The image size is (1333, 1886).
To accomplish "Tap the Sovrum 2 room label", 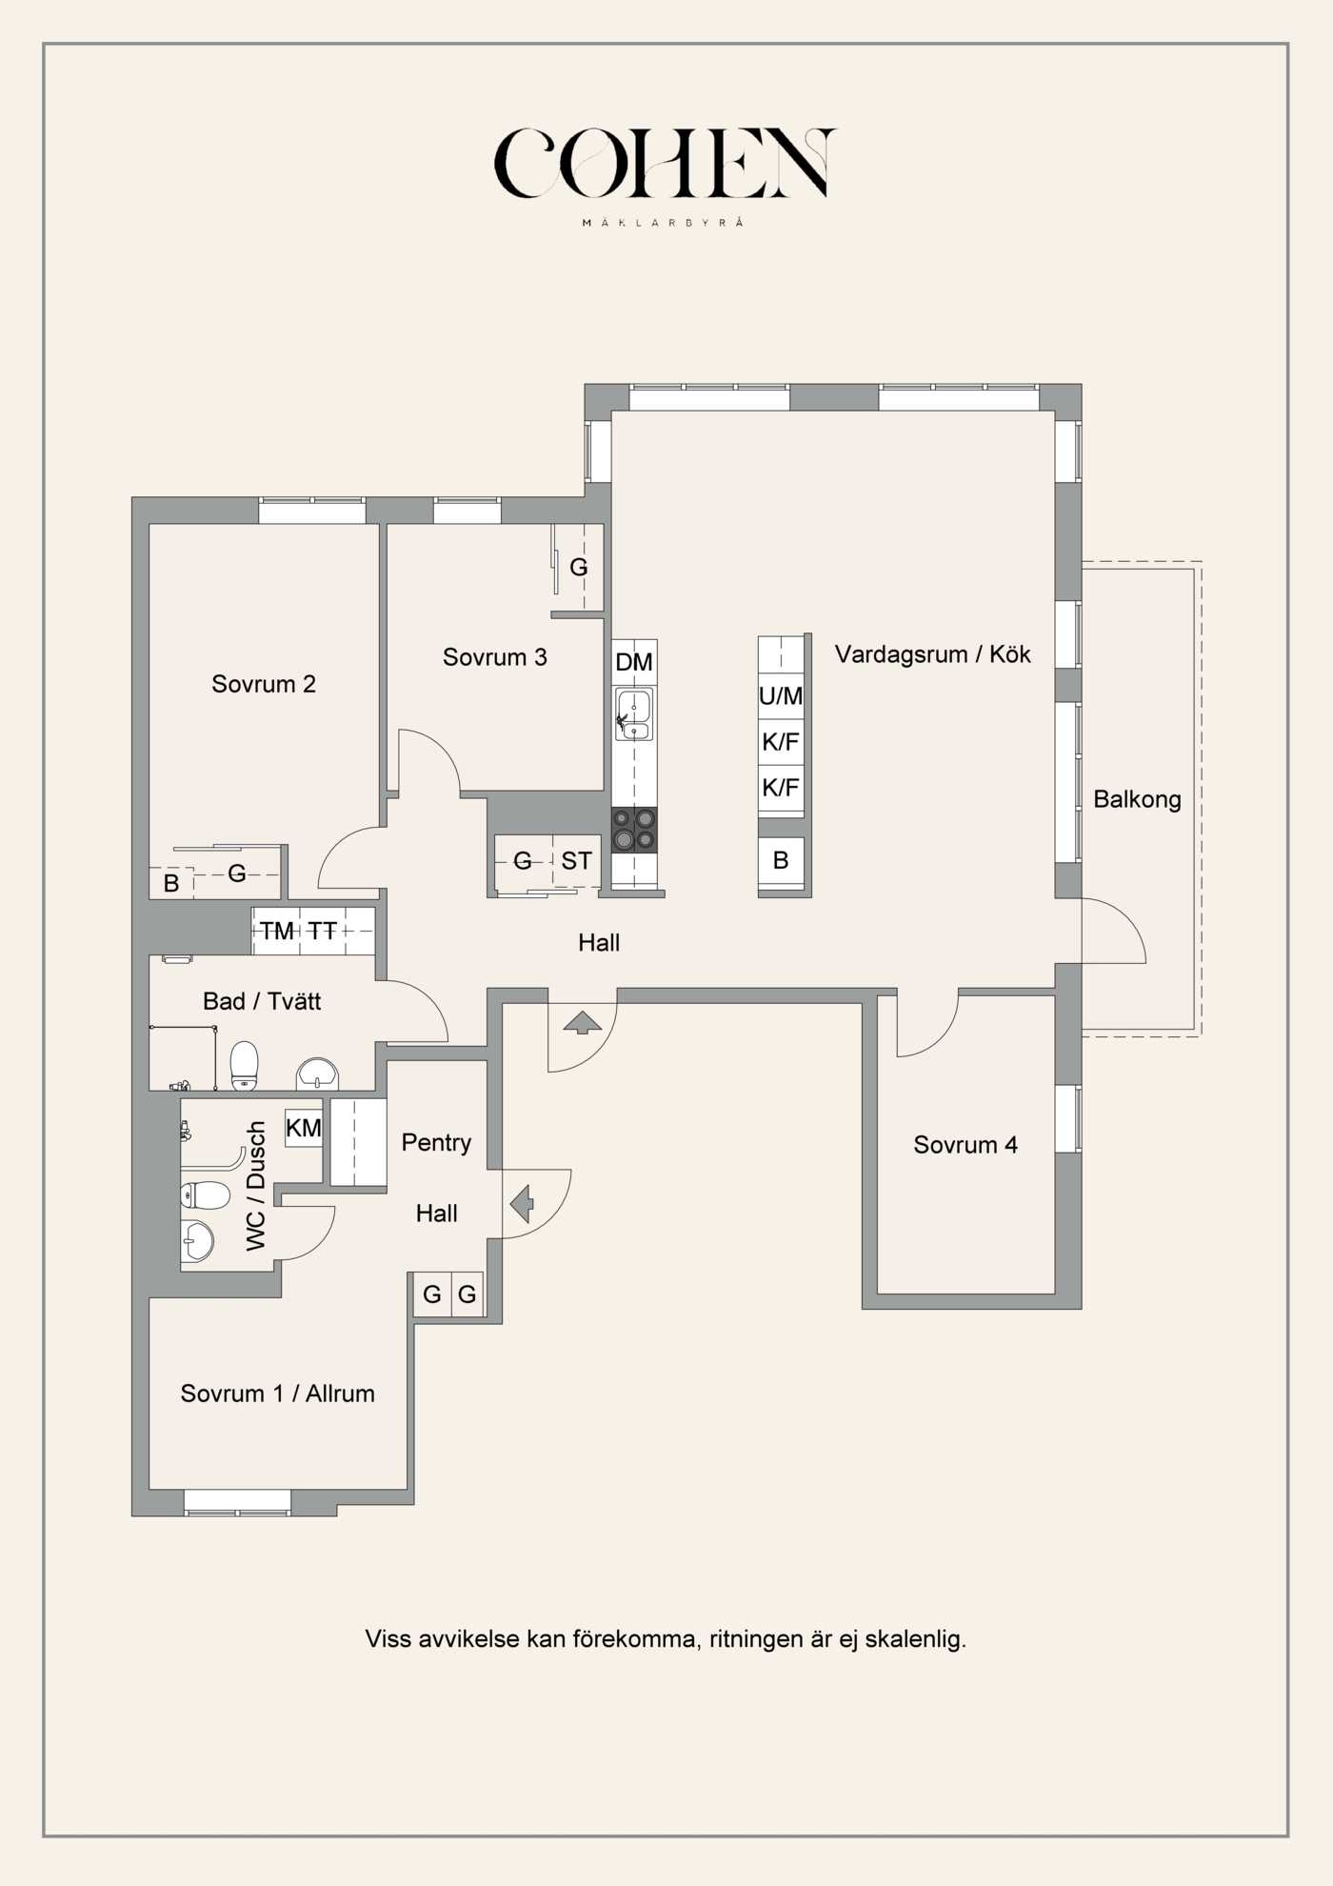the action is coord(264,684).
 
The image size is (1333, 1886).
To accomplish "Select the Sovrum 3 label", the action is coord(495,657).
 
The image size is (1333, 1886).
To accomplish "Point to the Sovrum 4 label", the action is coord(965,1145).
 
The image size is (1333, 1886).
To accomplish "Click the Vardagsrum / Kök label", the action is coord(933,654).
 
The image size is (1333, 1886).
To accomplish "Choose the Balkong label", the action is coord(1137,799).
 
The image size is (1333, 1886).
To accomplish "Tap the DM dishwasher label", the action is coord(634,662).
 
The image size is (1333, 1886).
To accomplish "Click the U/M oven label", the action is coord(781,696).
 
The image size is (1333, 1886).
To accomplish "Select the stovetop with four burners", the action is coord(634,830).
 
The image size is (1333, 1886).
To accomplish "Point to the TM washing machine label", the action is coord(277,932).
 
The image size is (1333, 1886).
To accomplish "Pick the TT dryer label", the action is coord(322,932).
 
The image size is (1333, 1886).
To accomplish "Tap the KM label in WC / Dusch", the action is coord(304,1129).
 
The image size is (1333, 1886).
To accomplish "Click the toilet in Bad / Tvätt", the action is coord(245,1065).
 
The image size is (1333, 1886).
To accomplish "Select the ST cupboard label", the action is coord(576,861).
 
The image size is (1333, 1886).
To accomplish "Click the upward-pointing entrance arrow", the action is coord(583,1024).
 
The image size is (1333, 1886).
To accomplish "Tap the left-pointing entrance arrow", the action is coord(522,1204).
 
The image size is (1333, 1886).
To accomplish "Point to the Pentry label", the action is coord(436,1143).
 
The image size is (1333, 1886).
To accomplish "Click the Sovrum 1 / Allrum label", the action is coord(278,1394).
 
